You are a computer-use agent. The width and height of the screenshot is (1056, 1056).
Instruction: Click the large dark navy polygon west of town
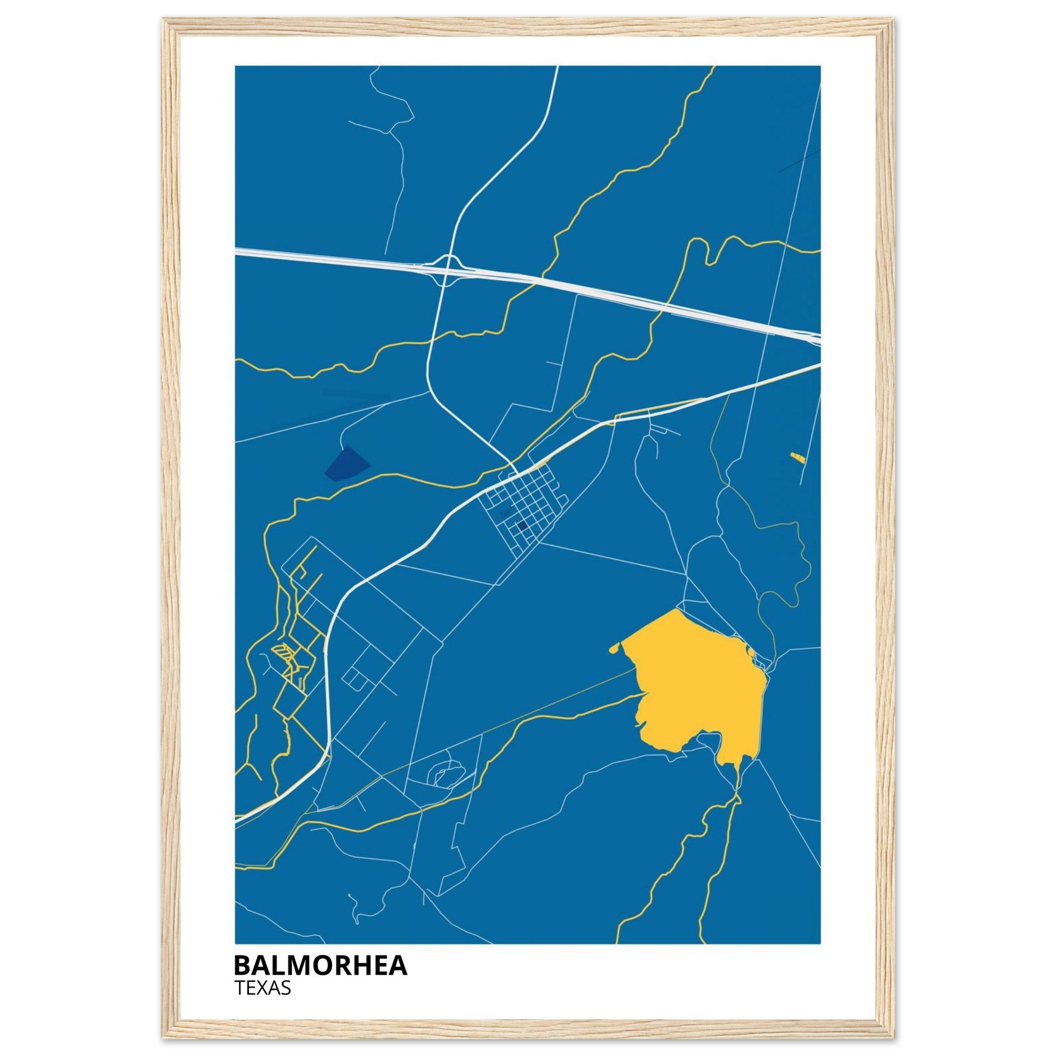click(346, 464)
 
